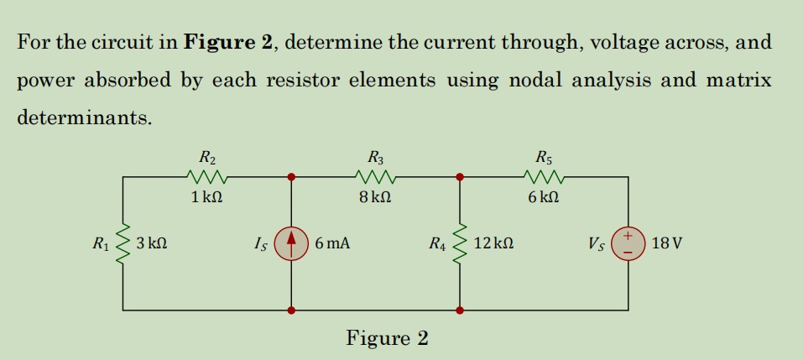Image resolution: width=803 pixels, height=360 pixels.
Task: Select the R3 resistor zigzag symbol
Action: click(375, 177)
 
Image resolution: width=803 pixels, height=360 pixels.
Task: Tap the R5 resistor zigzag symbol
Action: click(544, 177)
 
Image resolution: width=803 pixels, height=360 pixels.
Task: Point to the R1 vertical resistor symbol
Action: click(124, 243)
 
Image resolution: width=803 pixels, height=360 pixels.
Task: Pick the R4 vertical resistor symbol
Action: click(460, 243)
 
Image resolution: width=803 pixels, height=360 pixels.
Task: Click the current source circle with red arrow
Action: click(291, 243)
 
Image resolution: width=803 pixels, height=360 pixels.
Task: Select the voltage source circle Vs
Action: click(628, 243)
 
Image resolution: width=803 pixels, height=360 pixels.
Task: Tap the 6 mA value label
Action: click(333, 244)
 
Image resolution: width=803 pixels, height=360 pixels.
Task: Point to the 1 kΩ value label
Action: click(206, 198)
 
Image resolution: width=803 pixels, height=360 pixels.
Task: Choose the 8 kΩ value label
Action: click(375, 198)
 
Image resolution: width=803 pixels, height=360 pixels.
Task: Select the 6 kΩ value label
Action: click(544, 198)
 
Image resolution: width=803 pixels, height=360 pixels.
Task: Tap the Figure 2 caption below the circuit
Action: click(387, 338)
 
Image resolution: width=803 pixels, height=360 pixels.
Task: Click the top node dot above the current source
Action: click(291, 177)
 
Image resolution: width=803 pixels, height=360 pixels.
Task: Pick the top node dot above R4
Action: click(460, 177)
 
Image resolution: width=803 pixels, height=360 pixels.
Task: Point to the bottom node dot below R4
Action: click(460, 310)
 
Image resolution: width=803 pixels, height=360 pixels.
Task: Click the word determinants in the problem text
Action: click(85, 117)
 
